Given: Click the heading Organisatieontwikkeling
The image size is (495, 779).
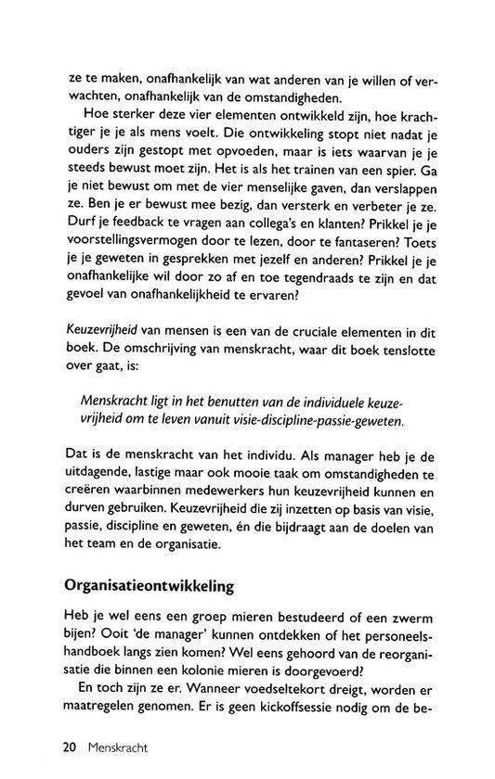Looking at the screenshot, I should (x=163, y=587).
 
